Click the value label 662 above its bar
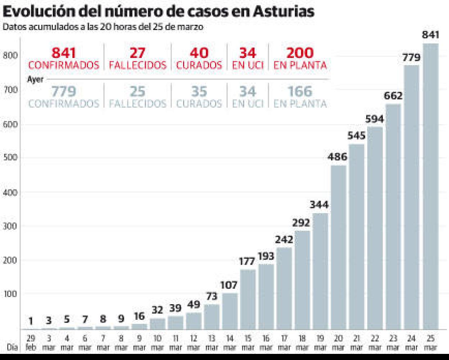coord(393,96)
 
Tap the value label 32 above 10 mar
coord(157,310)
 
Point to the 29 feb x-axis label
coord(31,343)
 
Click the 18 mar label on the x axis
coord(302,343)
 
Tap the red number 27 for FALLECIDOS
coord(137,53)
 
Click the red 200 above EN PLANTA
coord(300,53)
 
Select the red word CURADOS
coord(199,66)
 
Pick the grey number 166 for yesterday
coord(300,91)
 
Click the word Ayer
coord(35,79)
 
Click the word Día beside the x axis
coord(12,347)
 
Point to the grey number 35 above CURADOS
coord(199,91)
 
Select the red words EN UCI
coord(248,66)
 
